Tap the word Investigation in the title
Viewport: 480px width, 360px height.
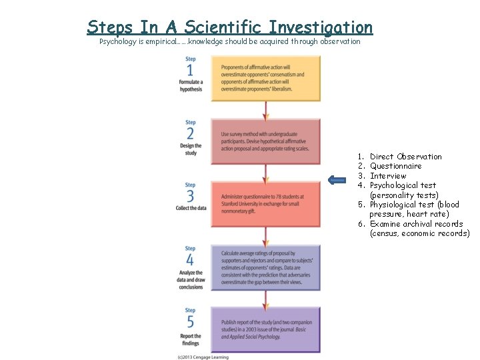(321, 27)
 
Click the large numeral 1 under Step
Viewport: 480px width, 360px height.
(191, 71)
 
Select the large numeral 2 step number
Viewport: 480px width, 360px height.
(191, 133)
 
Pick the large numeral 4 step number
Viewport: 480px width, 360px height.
(191, 260)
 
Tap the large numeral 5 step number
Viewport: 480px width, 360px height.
(191, 322)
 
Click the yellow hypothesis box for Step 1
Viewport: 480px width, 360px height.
(266, 78)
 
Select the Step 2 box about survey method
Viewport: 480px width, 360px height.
(266, 141)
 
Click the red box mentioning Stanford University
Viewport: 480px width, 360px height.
(266, 203)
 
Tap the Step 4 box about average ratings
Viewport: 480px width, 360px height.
(266, 267)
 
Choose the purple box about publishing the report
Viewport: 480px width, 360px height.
(266, 330)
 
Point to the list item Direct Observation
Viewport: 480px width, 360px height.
(405, 157)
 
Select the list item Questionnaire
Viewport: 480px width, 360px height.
(395, 166)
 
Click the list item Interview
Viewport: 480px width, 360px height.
(388, 176)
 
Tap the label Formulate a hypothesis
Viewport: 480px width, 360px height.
(191, 85)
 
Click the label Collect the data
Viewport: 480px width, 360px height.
(191, 209)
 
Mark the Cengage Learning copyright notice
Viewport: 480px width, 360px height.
(203, 357)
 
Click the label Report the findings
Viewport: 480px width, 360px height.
(191, 339)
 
